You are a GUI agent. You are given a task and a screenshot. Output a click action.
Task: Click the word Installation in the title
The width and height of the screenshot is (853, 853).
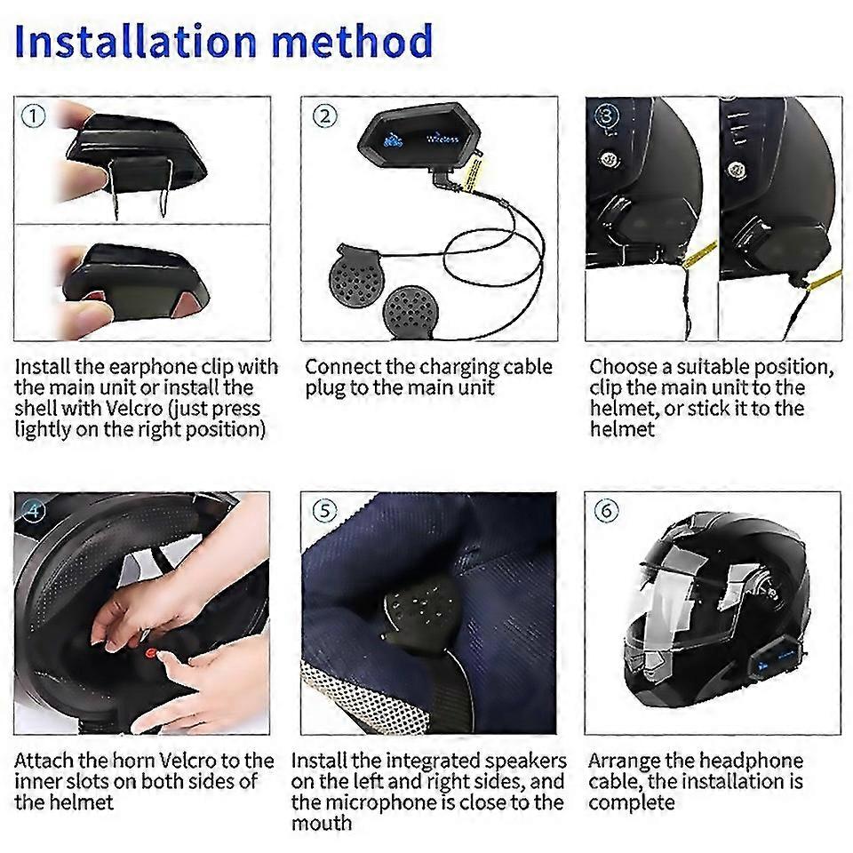(135, 41)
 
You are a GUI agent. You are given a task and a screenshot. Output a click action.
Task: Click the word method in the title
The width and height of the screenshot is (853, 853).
(353, 41)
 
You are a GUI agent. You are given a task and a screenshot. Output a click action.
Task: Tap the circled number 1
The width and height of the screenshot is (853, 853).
(33, 116)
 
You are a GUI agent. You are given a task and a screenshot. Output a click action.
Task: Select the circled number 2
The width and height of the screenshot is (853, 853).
(325, 116)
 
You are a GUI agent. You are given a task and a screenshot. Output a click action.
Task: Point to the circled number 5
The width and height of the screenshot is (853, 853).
(324, 511)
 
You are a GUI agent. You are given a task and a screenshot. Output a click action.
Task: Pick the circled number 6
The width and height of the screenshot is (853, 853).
(607, 510)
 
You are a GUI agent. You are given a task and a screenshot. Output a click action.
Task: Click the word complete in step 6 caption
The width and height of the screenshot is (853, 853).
(631, 803)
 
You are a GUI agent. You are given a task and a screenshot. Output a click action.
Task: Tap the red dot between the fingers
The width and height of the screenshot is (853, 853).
(151, 652)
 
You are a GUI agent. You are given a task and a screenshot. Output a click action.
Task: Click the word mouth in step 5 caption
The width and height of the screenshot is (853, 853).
(322, 824)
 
